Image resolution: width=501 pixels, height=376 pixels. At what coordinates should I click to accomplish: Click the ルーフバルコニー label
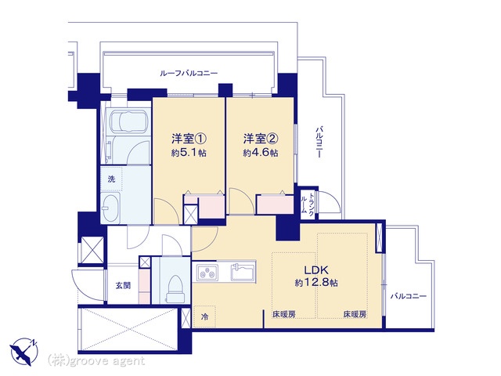189,73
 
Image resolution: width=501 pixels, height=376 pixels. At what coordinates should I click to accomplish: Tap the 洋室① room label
189,139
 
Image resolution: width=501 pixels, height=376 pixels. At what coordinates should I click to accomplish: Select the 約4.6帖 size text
261,153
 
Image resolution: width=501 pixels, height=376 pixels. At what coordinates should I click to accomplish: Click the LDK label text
316,270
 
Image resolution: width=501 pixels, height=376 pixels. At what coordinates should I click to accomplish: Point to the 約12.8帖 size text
316,283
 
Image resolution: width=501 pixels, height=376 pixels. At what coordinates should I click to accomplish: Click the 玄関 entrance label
123,285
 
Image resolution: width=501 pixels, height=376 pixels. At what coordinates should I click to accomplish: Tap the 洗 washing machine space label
111,179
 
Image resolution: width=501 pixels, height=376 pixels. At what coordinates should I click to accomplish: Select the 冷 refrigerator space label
204,316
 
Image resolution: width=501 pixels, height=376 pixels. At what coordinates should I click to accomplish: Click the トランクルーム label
308,204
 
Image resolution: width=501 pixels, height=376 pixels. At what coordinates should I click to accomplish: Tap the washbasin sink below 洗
110,208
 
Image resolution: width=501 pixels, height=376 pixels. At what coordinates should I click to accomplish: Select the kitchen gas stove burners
207,273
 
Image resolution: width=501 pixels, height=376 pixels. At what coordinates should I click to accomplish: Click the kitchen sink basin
243,272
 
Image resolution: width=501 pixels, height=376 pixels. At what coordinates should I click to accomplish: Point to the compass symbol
24,351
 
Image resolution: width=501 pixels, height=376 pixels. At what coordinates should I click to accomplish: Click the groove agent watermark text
96,361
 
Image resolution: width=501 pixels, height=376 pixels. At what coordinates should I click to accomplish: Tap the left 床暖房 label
283,314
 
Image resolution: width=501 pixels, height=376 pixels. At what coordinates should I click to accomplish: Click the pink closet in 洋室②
275,204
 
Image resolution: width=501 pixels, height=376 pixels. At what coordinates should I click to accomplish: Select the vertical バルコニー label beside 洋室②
319,142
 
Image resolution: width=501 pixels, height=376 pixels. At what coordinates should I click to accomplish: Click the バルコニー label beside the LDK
409,296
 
